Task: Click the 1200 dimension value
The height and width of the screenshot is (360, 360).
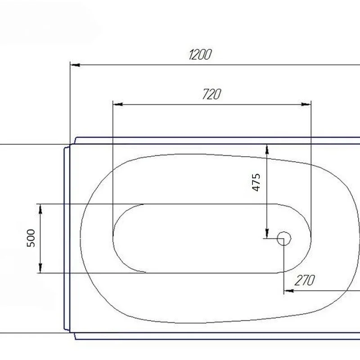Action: [200, 54]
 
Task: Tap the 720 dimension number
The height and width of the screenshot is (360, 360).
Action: [212, 94]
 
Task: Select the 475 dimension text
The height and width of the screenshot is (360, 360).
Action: [256, 182]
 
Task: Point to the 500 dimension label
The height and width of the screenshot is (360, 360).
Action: [31, 238]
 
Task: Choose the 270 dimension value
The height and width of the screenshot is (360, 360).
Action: [305, 280]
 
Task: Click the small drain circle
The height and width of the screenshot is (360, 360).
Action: [284, 238]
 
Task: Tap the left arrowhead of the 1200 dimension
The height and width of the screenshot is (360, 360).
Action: [75, 65]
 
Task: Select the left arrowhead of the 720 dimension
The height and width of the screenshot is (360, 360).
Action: [118, 104]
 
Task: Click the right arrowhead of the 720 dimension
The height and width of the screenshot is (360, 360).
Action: [306, 104]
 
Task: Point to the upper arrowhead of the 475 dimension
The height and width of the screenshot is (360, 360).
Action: [267, 149]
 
